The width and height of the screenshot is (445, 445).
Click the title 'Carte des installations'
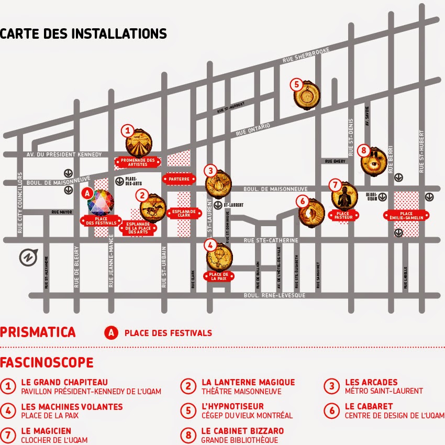83,34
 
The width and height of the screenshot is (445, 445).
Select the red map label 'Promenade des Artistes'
138,162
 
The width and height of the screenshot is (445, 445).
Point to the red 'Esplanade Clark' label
184,213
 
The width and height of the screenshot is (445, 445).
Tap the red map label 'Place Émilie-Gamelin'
406,216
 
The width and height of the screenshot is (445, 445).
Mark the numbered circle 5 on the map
296,84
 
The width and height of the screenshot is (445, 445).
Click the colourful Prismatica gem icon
100,203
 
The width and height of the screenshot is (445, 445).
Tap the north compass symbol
26,258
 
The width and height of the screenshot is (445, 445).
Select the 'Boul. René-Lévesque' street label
274,296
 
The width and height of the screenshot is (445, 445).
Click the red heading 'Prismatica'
38,332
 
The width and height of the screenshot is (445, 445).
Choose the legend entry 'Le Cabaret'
369,406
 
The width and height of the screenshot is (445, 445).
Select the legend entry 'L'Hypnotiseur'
232,406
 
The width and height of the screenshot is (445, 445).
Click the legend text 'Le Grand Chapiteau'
64,382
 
